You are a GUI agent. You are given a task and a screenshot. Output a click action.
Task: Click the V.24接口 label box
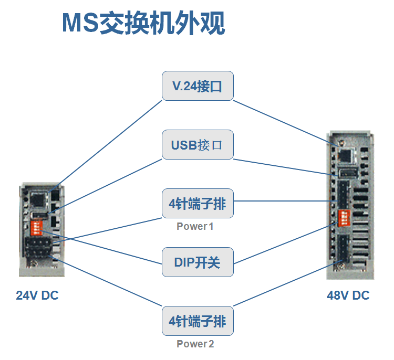(197, 86)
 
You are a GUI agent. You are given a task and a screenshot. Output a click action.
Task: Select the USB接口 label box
(197, 145)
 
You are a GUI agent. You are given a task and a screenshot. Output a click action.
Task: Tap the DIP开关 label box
(197, 262)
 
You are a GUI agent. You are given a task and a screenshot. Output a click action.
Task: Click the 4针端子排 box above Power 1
(197, 204)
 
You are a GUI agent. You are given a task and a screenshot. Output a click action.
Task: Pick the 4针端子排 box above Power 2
(197, 321)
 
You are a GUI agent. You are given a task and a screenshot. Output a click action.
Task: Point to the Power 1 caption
(195, 227)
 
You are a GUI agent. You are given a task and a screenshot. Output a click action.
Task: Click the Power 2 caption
(195, 344)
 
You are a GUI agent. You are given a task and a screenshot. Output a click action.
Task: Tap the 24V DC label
(37, 295)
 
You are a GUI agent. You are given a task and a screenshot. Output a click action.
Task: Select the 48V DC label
(348, 295)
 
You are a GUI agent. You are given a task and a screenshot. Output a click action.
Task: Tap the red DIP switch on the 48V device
(345, 217)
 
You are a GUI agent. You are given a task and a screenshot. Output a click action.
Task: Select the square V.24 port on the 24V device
(38, 198)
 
